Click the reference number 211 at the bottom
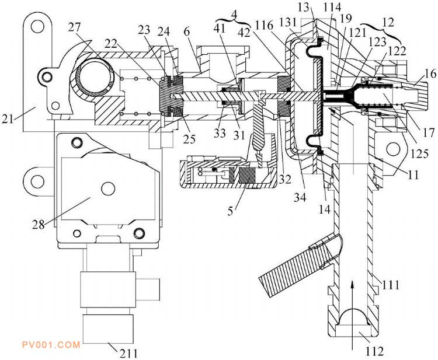click(x=129, y=354)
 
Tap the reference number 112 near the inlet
click(x=374, y=351)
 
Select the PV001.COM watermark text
click(x=51, y=345)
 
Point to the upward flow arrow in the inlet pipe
click(x=353, y=315)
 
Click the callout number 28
click(x=39, y=225)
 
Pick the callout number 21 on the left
click(x=8, y=119)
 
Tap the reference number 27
click(x=74, y=27)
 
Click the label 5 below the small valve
click(x=230, y=211)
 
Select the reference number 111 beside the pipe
click(x=391, y=285)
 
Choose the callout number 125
click(x=419, y=153)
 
